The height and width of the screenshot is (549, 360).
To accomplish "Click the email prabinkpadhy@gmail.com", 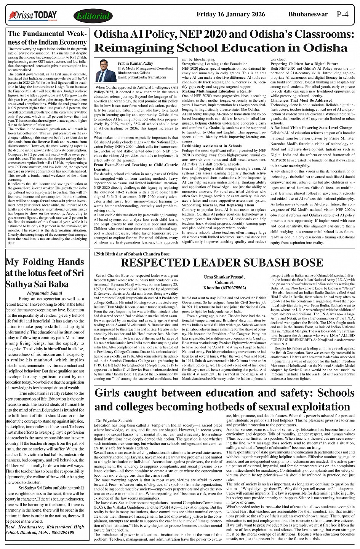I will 142,77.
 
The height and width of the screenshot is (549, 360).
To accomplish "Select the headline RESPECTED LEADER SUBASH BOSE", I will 222,263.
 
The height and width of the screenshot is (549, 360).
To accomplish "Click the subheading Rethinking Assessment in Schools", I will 212,145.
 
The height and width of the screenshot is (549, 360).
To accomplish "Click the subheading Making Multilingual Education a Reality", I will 216,91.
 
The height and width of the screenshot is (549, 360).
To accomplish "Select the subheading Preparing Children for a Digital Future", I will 304,64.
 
